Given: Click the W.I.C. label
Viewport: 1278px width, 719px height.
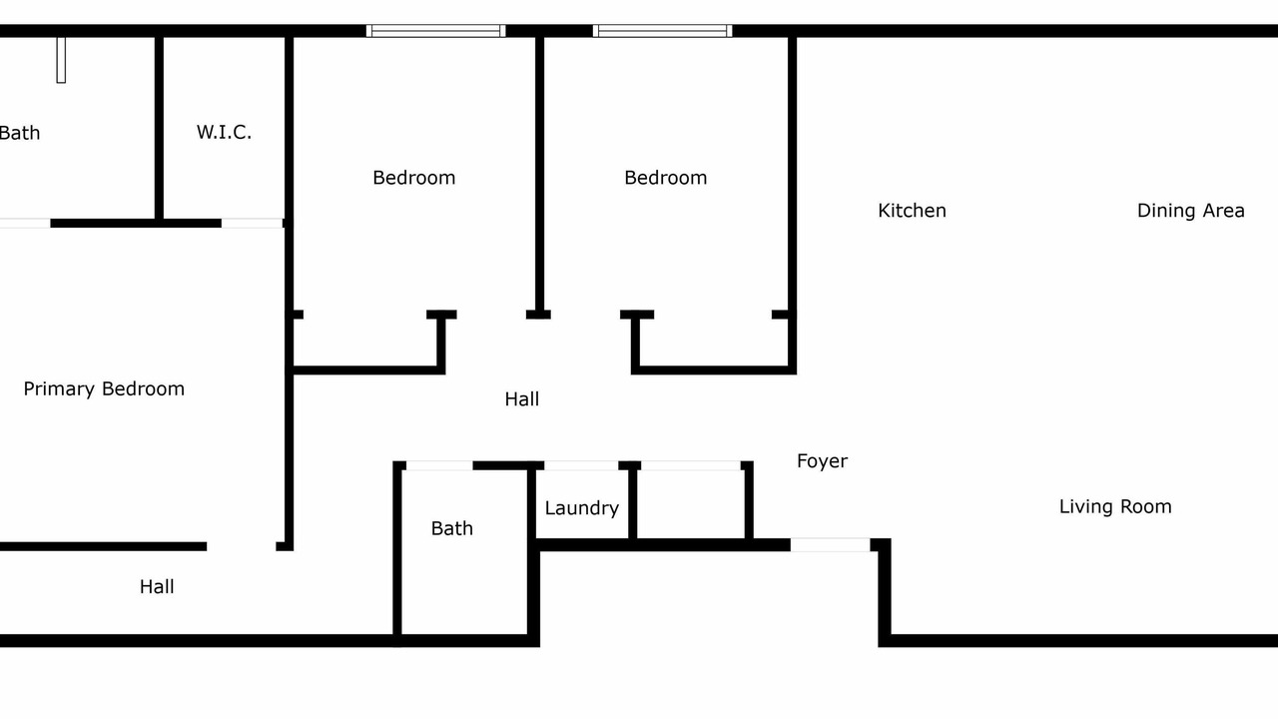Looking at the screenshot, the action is tap(224, 133).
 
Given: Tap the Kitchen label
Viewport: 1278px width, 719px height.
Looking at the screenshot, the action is tap(912, 211).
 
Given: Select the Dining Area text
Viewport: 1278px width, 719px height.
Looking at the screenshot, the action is tap(1191, 211).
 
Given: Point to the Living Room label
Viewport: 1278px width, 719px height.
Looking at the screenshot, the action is tap(1115, 506).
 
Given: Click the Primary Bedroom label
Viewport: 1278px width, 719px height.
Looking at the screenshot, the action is tap(104, 389).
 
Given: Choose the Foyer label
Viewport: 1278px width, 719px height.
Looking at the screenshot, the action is tap(822, 461).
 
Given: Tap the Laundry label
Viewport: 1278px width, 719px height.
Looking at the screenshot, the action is tap(582, 508).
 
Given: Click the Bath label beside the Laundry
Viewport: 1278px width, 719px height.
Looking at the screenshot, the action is tap(452, 528).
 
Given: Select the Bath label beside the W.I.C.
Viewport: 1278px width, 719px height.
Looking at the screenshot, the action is tap(19, 133).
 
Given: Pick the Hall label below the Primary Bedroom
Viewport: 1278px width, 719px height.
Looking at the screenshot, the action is tap(157, 586).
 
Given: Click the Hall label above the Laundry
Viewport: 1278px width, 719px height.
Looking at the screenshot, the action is tap(522, 399).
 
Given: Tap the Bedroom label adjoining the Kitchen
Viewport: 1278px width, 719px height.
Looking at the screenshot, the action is tap(666, 178).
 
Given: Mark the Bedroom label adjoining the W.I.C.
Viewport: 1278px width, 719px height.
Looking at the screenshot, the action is tap(414, 178).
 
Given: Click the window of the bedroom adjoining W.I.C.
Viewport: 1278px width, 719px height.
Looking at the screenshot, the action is tap(436, 31).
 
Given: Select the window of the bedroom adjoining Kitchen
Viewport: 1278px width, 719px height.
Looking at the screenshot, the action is tap(662, 31).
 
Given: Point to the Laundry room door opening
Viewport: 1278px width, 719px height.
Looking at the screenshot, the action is tap(581, 465).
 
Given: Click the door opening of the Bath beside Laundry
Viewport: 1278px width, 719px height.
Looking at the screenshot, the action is tap(439, 465).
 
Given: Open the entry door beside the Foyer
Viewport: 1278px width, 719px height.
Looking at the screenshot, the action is tap(830, 545).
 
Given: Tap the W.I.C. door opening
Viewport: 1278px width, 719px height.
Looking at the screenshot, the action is tap(253, 223).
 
